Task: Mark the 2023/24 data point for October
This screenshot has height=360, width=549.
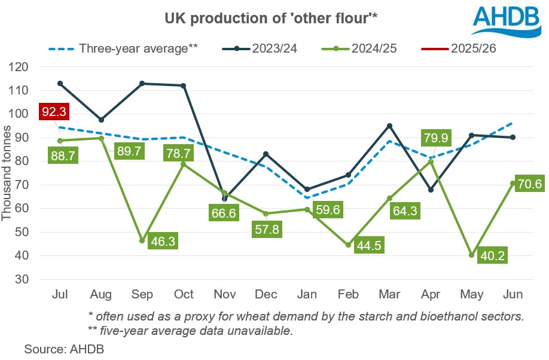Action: click(184, 86)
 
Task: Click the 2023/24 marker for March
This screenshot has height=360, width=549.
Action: click(389, 126)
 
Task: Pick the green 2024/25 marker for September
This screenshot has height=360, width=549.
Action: click(142, 241)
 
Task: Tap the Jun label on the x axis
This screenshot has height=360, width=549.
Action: click(512, 295)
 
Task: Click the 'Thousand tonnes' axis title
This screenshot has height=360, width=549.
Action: click(8, 173)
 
